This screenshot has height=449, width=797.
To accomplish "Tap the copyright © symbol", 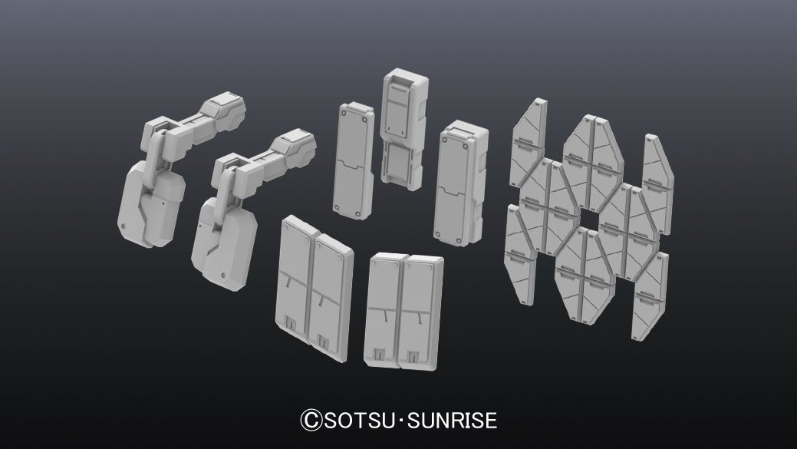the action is coord(311,421).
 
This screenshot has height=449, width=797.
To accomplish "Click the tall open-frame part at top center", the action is coord(403,129).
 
